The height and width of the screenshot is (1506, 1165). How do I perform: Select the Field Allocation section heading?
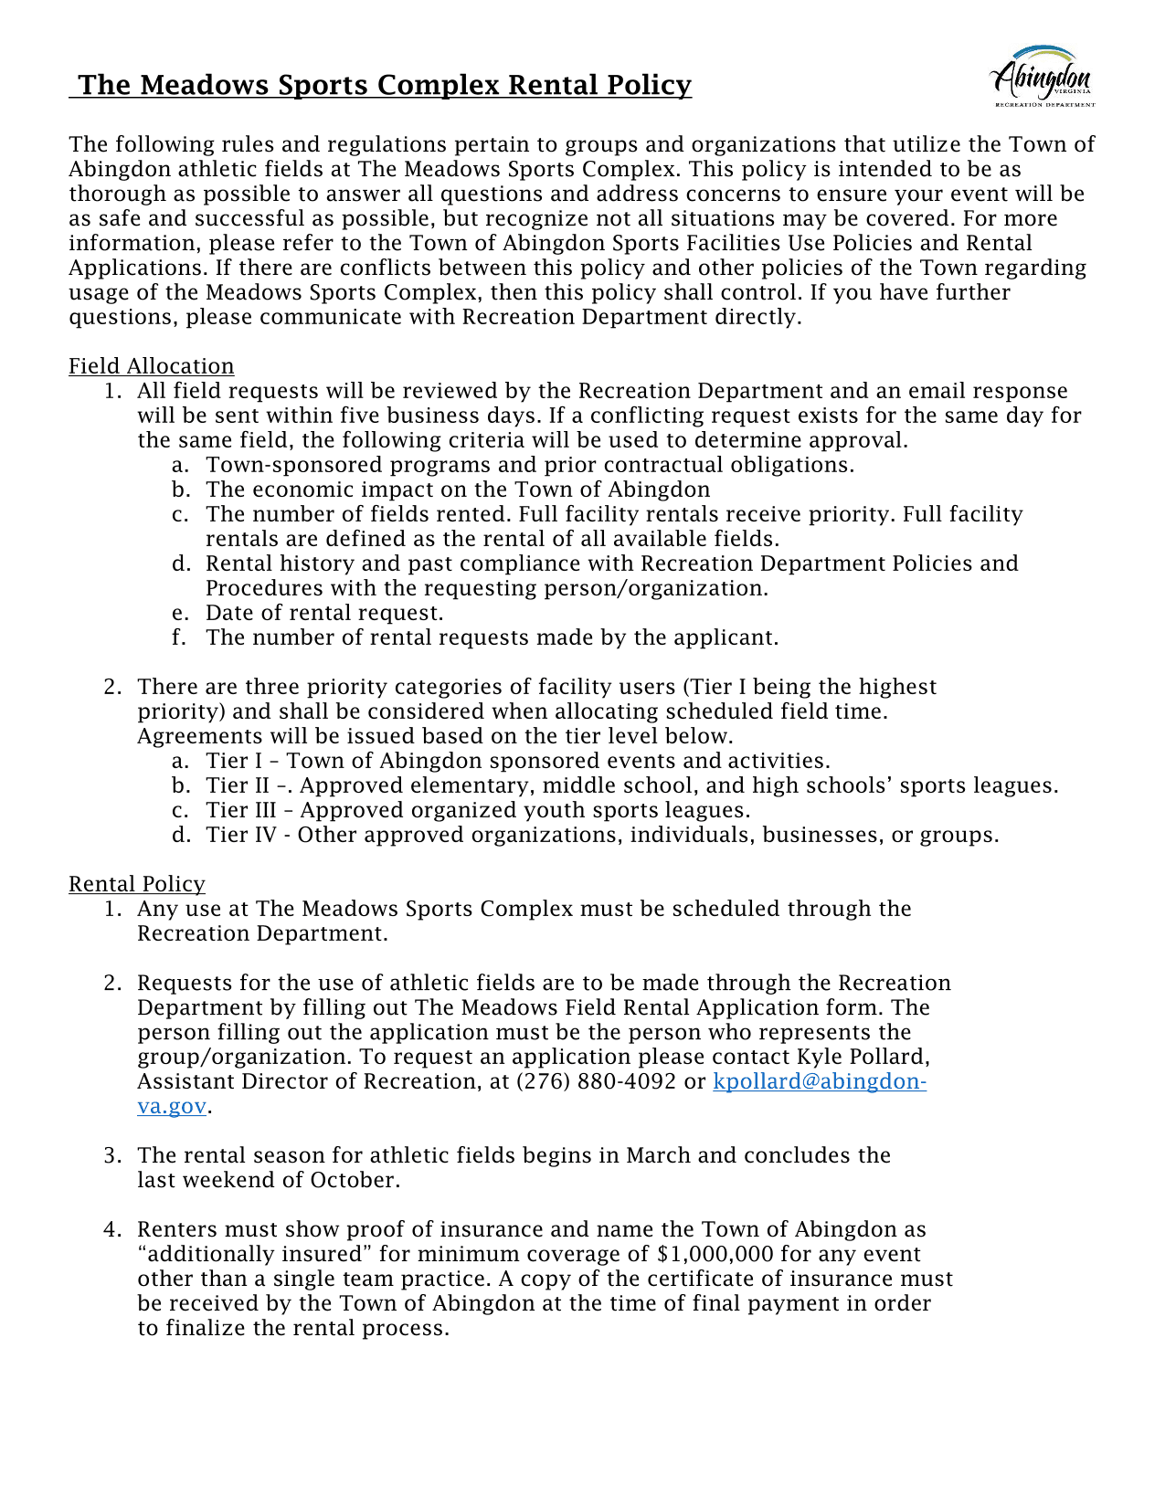coord(151,366)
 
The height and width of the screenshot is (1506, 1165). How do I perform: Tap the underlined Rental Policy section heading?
coord(137,884)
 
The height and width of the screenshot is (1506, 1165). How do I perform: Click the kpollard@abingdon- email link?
coord(819,1081)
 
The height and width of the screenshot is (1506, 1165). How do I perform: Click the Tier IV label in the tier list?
coord(241,835)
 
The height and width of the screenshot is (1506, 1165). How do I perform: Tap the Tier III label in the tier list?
coord(241,810)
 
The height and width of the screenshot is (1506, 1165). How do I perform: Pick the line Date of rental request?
coord(324,613)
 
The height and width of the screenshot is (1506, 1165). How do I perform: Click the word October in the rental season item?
coord(352,1180)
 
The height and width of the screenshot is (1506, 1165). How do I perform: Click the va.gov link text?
coord(172,1106)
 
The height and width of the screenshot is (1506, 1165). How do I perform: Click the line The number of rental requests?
coord(492,637)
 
